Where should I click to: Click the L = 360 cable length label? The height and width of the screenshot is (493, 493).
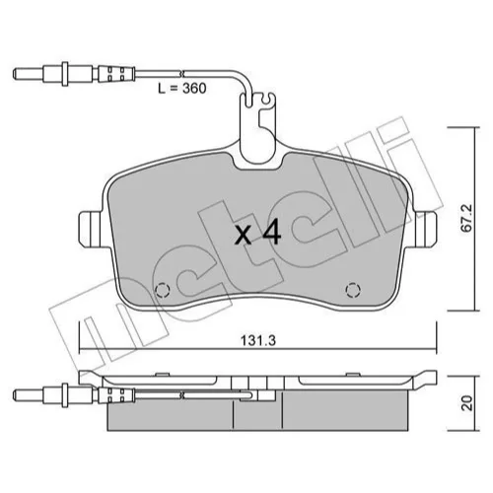(182, 88)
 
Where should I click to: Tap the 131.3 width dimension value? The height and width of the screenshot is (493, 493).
(258, 341)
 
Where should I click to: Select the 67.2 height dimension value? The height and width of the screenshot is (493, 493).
(466, 219)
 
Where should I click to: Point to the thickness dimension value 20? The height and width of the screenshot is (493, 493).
(466, 402)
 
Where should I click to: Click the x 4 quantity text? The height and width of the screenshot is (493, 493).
(258, 234)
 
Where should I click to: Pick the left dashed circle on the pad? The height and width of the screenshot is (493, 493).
(163, 290)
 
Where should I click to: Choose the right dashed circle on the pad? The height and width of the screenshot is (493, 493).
(353, 290)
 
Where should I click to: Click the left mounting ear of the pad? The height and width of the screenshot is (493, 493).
(91, 230)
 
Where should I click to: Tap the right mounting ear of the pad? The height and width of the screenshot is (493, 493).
(426, 230)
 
